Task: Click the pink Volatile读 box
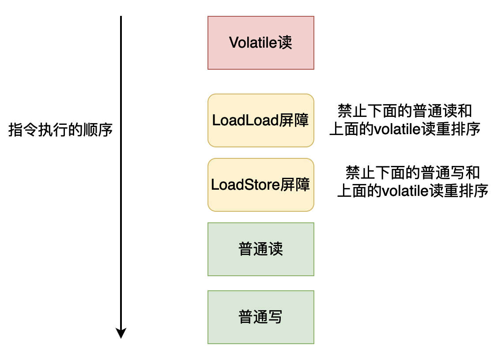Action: pyautogui.click(x=261, y=43)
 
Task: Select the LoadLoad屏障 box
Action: pyautogui.click(x=261, y=120)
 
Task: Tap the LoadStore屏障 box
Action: pyautogui.click(x=261, y=185)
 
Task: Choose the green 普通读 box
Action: pyautogui.click(x=261, y=249)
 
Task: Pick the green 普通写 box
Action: pyautogui.click(x=261, y=317)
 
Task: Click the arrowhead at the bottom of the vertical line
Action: pyautogui.click(x=121, y=333)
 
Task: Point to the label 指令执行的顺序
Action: pyautogui.click(x=60, y=130)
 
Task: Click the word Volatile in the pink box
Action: pyautogui.click(x=253, y=42)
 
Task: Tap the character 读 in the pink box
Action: pyautogui.click(x=285, y=42)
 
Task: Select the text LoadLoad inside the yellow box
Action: pyautogui.click(x=245, y=120)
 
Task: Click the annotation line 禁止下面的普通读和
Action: pyautogui.click(x=404, y=111)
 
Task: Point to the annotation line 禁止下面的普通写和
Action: pyautogui.click(x=412, y=172)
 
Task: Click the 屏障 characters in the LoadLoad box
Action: pyautogui.click(x=294, y=120)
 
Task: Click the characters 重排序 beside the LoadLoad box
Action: pyautogui.click(x=458, y=129)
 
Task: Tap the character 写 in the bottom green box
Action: pyautogui.click(x=275, y=317)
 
